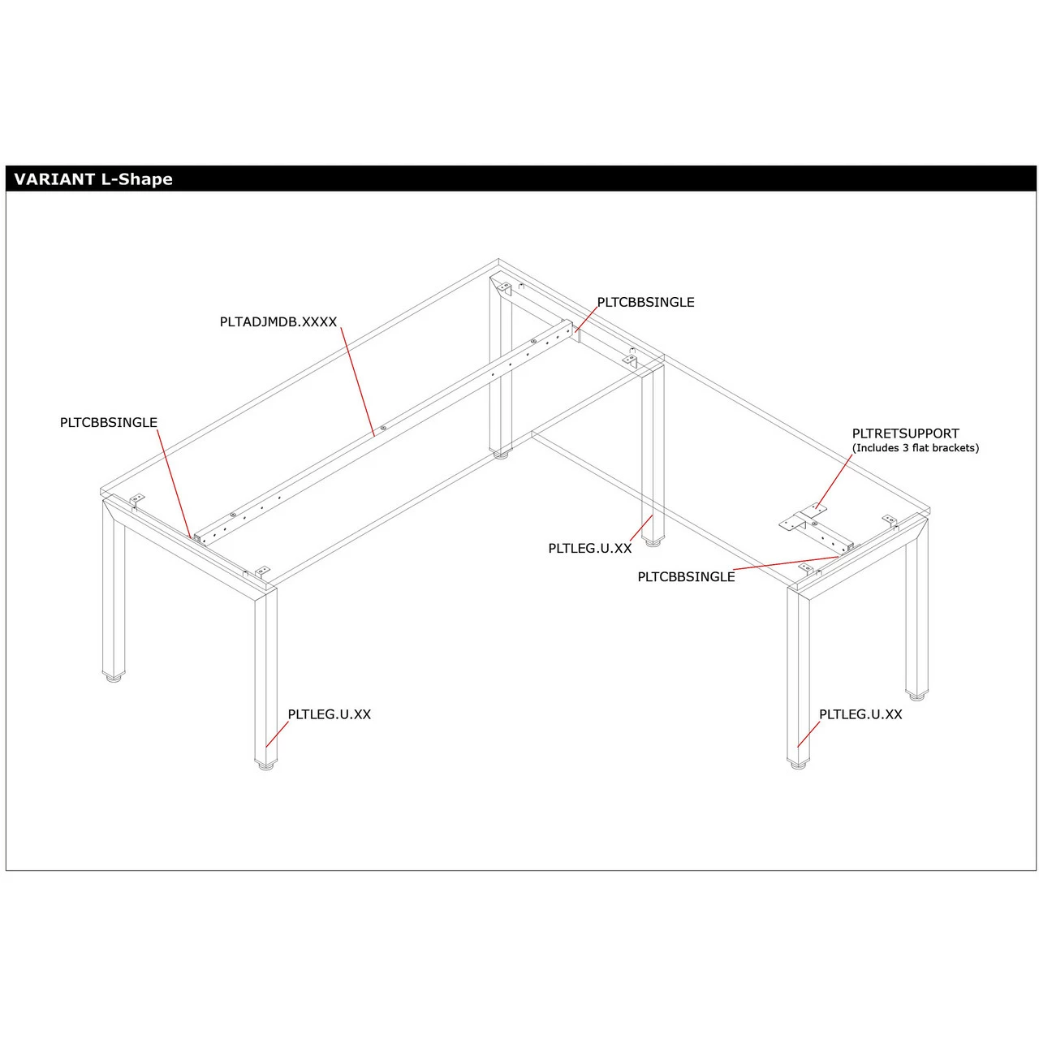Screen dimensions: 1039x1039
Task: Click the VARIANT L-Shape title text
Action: [93, 179]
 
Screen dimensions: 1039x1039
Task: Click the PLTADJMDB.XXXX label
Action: [278, 322]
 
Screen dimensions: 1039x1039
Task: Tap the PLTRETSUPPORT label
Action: [905, 433]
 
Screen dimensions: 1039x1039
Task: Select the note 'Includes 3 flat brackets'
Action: [915, 448]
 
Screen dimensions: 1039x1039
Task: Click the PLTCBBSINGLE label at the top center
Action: [645, 302]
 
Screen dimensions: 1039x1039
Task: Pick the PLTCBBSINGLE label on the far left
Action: [109, 422]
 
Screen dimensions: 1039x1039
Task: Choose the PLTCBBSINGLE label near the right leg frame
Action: [686, 576]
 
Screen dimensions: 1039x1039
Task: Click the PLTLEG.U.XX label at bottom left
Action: [329, 714]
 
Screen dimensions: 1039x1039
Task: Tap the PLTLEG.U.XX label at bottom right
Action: [860, 714]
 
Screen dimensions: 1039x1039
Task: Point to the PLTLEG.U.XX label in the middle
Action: [589, 548]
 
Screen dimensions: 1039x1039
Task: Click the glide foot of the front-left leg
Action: [266, 765]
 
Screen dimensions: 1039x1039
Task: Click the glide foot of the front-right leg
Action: [798, 764]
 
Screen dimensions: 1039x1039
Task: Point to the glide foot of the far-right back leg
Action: [916, 694]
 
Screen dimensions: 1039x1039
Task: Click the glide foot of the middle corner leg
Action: [653, 541]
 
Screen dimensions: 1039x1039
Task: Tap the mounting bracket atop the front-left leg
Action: [261, 572]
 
